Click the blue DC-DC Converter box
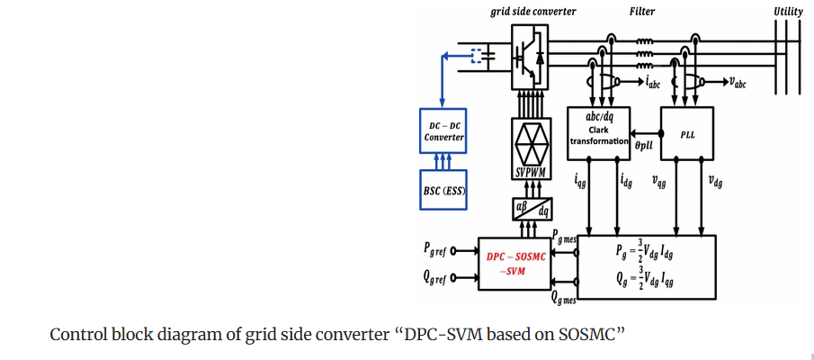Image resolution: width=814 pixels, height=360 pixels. point(444,132)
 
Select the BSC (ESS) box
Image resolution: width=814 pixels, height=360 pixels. point(444,190)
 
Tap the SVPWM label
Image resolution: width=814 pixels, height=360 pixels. point(531,172)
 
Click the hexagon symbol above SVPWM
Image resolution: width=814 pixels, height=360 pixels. point(531,141)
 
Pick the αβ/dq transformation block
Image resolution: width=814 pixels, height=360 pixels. point(532,209)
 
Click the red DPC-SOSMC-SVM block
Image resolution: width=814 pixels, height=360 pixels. point(512,264)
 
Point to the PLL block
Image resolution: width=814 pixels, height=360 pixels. point(687,134)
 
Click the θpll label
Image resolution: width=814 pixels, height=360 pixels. point(643,144)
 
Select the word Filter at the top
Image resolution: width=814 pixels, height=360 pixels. point(642,12)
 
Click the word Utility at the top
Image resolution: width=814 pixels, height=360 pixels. point(789,12)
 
